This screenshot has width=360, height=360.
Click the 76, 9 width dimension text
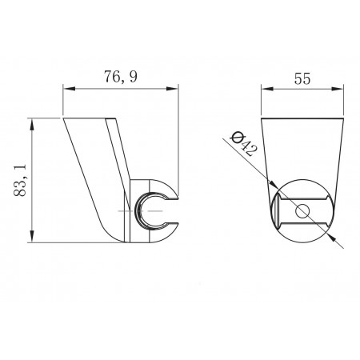[121, 78]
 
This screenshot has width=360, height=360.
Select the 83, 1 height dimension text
[20, 180]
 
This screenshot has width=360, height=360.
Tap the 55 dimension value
[302, 78]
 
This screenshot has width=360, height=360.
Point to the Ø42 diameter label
[244, 144]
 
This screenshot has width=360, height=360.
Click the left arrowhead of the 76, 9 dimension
[69, 89]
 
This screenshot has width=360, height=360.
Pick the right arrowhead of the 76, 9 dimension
[172, 89]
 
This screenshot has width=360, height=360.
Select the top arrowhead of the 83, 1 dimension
[32, 125]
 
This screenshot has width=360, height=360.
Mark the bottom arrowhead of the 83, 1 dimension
[32, 236]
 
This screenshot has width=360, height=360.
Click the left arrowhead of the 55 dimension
[267, 89]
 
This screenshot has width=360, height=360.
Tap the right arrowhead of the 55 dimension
[338, 89]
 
